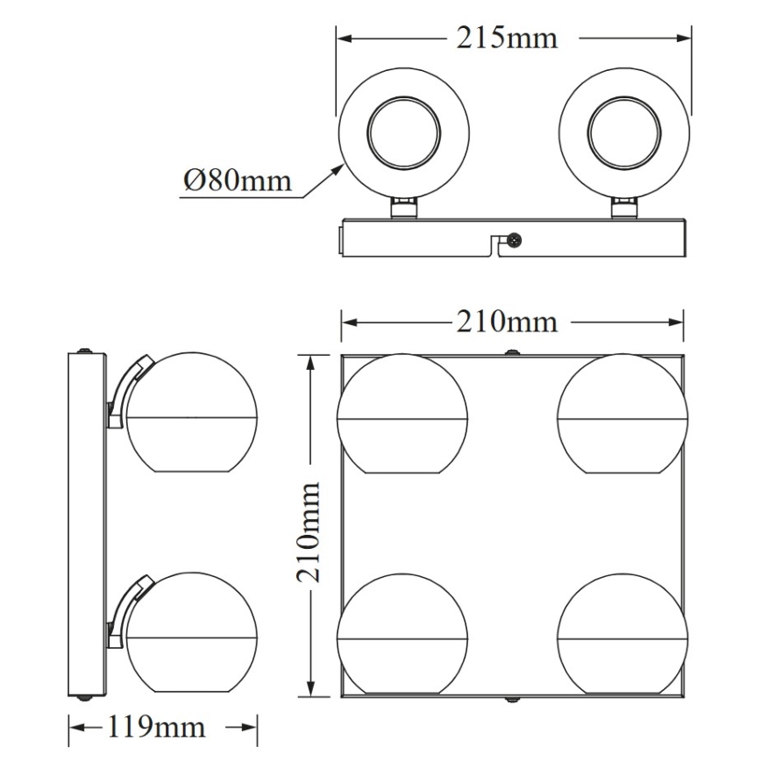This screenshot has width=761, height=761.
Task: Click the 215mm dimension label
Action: [x=506, y=39]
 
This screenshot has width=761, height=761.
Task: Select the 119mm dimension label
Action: [x=157, y=726]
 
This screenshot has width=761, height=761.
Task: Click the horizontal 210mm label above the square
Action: [x=506, y=322]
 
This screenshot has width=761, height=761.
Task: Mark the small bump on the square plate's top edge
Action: [x=511, y=352]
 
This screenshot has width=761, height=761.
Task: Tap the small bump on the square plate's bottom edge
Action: [x=511, y=699]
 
